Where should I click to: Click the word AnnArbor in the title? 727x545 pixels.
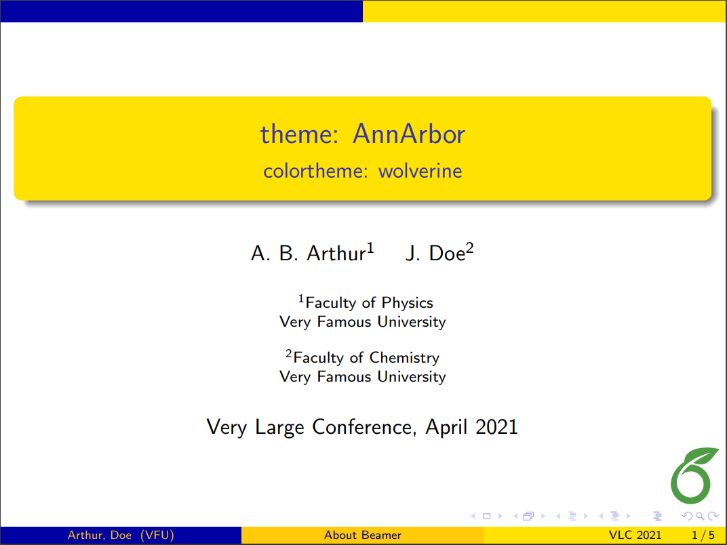point(409,134)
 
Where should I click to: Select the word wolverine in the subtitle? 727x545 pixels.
point(420,171)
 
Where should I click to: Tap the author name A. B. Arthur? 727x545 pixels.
point(309,254)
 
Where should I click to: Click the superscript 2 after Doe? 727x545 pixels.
point(469,249)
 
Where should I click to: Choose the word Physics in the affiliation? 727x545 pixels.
point(407,303)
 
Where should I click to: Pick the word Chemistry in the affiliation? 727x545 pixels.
point(404,358)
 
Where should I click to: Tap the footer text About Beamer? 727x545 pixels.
point(363,536)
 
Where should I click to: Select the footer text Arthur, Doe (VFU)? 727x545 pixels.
point(121,536)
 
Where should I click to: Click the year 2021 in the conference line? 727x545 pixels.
point(496,427)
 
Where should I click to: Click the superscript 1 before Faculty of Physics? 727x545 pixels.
point(302,298)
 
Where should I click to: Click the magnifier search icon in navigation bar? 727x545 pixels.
point(709,517)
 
